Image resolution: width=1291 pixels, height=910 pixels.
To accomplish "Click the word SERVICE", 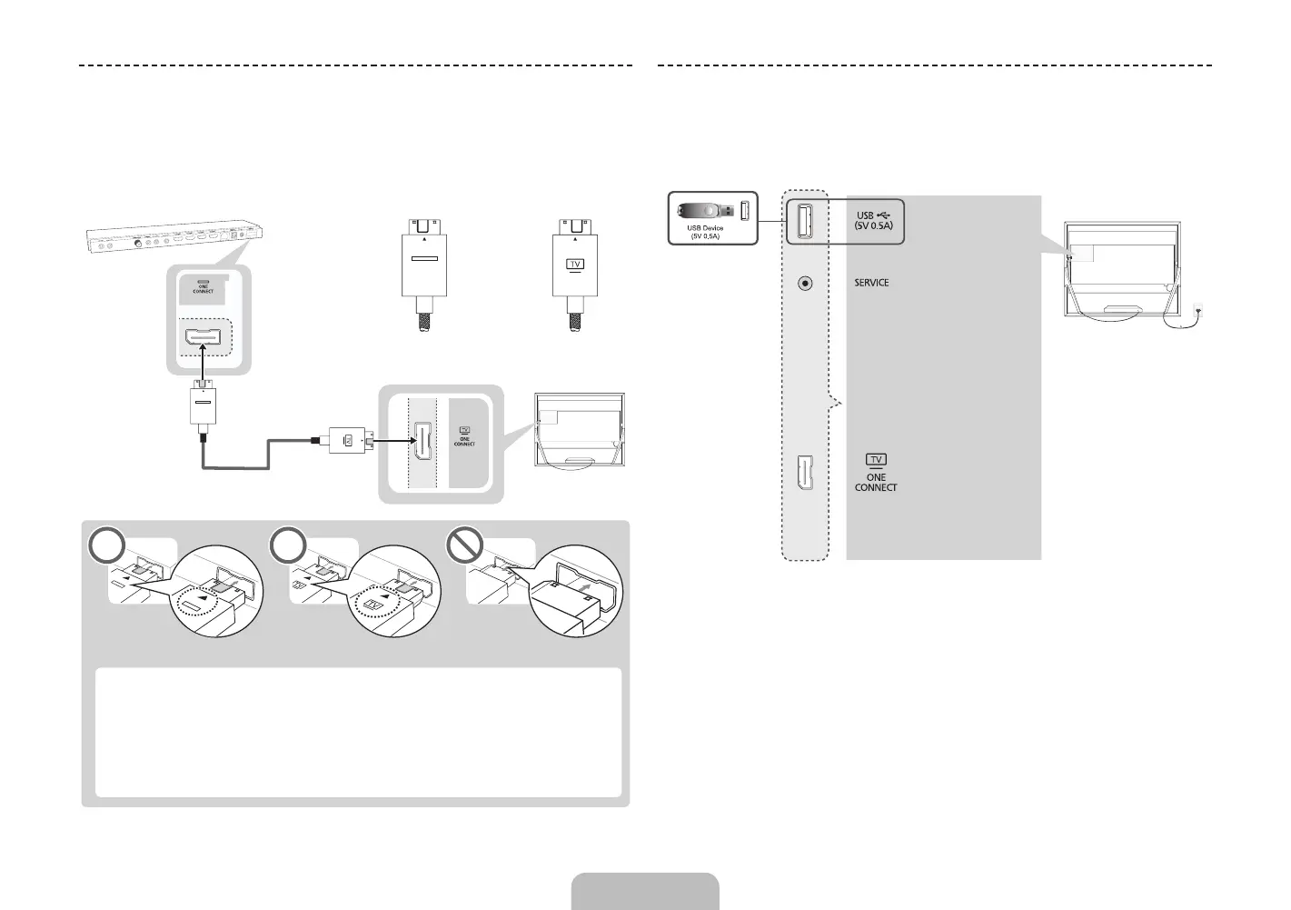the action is point(871,283).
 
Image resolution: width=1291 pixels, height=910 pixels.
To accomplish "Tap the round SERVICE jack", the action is point(804,283).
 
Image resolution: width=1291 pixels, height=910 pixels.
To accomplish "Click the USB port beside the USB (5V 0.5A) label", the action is point(804,221).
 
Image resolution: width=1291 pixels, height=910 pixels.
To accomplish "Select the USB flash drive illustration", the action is point(705,211).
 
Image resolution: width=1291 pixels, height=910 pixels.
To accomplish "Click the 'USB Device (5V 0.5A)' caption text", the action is point(705,232).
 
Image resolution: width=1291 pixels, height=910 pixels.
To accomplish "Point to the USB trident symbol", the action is point(885,215).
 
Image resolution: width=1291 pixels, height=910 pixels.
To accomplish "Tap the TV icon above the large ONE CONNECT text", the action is point(876,460).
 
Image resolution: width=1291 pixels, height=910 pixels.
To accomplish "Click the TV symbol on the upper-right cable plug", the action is point(575,265).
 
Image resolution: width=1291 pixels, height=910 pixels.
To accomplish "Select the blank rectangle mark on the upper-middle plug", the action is point(423,258).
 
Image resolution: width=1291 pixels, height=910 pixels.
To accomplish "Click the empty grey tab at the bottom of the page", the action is point(645,891).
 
